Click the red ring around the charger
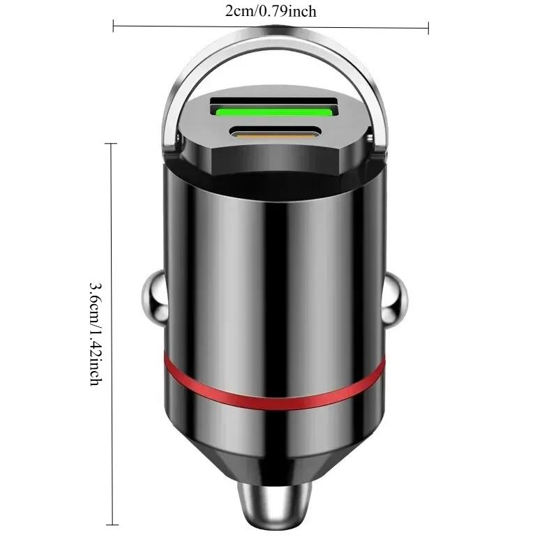tap(274, 382)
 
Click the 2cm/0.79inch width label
tap(271, 10)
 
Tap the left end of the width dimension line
tap(114, 27)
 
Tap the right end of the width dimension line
tap(428, 27)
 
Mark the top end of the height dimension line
tap(110, 143)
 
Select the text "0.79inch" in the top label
tap(294, 10)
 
